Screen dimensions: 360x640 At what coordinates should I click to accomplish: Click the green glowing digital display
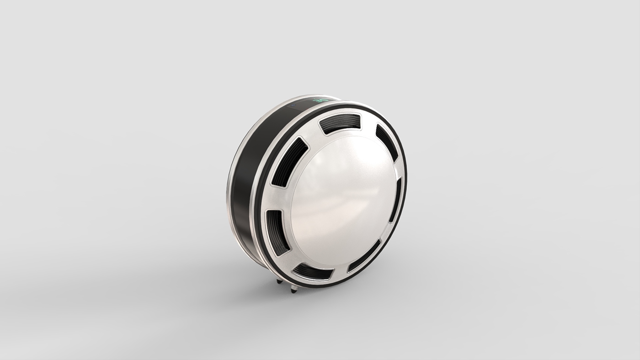coord(320,100)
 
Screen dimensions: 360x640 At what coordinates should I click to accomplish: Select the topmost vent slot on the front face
coord(340,123)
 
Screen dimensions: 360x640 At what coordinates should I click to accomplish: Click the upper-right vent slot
coord(386,142)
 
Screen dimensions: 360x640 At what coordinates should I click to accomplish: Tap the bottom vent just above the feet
coord(313,272)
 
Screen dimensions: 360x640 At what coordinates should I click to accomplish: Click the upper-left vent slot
coord(290,162)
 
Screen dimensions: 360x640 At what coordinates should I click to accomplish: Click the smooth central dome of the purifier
coord(343,201)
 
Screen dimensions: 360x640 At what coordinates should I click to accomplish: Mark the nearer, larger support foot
coord(293,289)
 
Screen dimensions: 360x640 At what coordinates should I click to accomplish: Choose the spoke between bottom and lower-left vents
coord(288,260)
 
